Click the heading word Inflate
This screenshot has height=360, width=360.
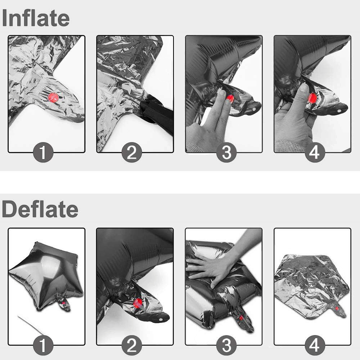(36, 18)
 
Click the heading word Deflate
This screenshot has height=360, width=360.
(40, 209)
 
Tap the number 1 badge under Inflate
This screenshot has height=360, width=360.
(43, 152)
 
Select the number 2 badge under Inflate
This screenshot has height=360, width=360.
(131, 152)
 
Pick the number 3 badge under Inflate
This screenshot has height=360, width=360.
(226, 152)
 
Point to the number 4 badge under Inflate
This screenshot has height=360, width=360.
(315, 152)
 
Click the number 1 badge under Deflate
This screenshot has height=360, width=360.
(43, 345)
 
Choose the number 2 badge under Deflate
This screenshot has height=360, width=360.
(131, 345)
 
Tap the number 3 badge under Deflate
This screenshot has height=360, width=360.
(226, 345)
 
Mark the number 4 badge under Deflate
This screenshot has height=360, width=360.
(315, 345)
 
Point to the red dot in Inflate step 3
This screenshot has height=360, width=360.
(230, 99)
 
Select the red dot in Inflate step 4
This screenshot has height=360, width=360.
(312, 98)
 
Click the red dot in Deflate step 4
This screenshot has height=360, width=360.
(337, 309)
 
